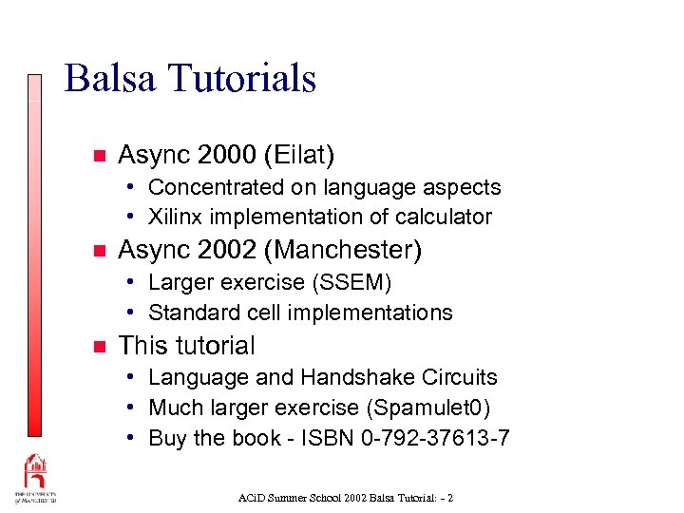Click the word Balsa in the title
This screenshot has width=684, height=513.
click(110, 78)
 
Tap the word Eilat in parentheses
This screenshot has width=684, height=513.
click(303, 154)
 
